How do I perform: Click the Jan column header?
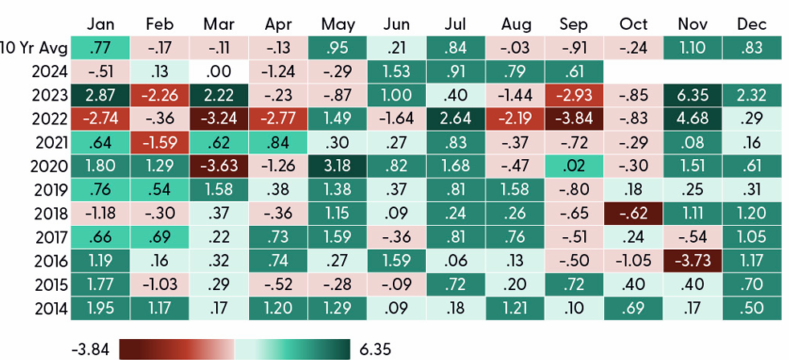click(100, 23)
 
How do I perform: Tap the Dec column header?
click(753, 23)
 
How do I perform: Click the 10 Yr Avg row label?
click(34, 47)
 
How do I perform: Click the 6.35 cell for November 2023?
click(693, 94)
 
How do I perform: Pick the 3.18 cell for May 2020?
click(337, 166)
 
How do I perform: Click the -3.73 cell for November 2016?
click(693, 260)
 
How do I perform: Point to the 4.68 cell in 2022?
click(693, 118)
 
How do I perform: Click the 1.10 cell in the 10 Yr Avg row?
click(693, 47)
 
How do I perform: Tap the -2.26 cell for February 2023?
click(159, 94)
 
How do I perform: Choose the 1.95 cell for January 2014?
click(100, 308)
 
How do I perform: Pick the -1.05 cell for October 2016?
click(635, 260)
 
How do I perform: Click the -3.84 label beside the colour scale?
click(91, 349)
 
